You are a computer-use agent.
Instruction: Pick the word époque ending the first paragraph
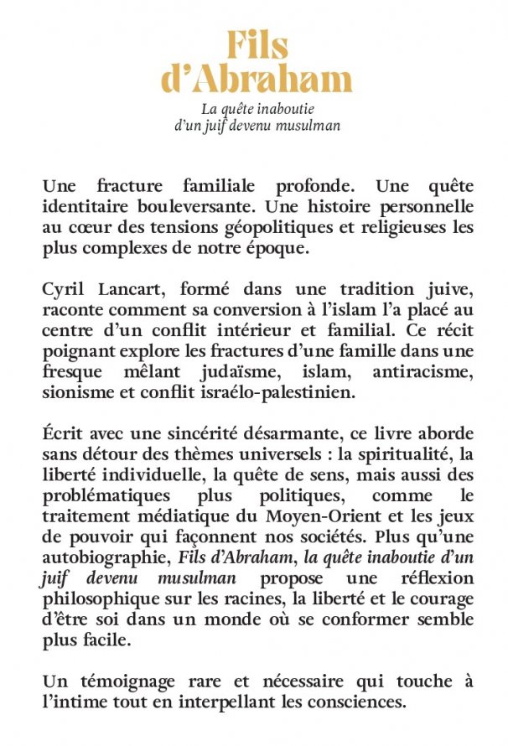(252, 249)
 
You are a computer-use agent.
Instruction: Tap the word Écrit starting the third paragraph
(65, 436)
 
